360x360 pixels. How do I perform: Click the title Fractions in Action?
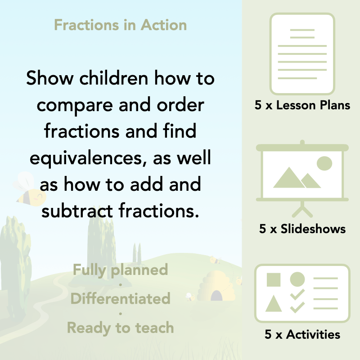tap(120, 25)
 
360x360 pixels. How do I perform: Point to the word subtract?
tap(79, 211)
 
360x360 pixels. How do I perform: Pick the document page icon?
tap(302, 54)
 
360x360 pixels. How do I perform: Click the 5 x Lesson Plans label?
tap(302, 106)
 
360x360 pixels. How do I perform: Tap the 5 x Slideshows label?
tap(302, 229)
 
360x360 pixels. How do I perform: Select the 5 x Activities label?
tap(302, 334)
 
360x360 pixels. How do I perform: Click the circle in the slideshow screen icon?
tap(324, 163)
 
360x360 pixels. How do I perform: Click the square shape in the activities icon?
tap(274, 279)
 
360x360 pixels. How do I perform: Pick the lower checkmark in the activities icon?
tap(297, 308)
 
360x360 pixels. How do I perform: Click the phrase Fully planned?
tap(120, 270)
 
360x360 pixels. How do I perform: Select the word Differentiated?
tap(120, 298)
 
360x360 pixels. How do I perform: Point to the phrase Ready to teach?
tap(120, 328)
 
